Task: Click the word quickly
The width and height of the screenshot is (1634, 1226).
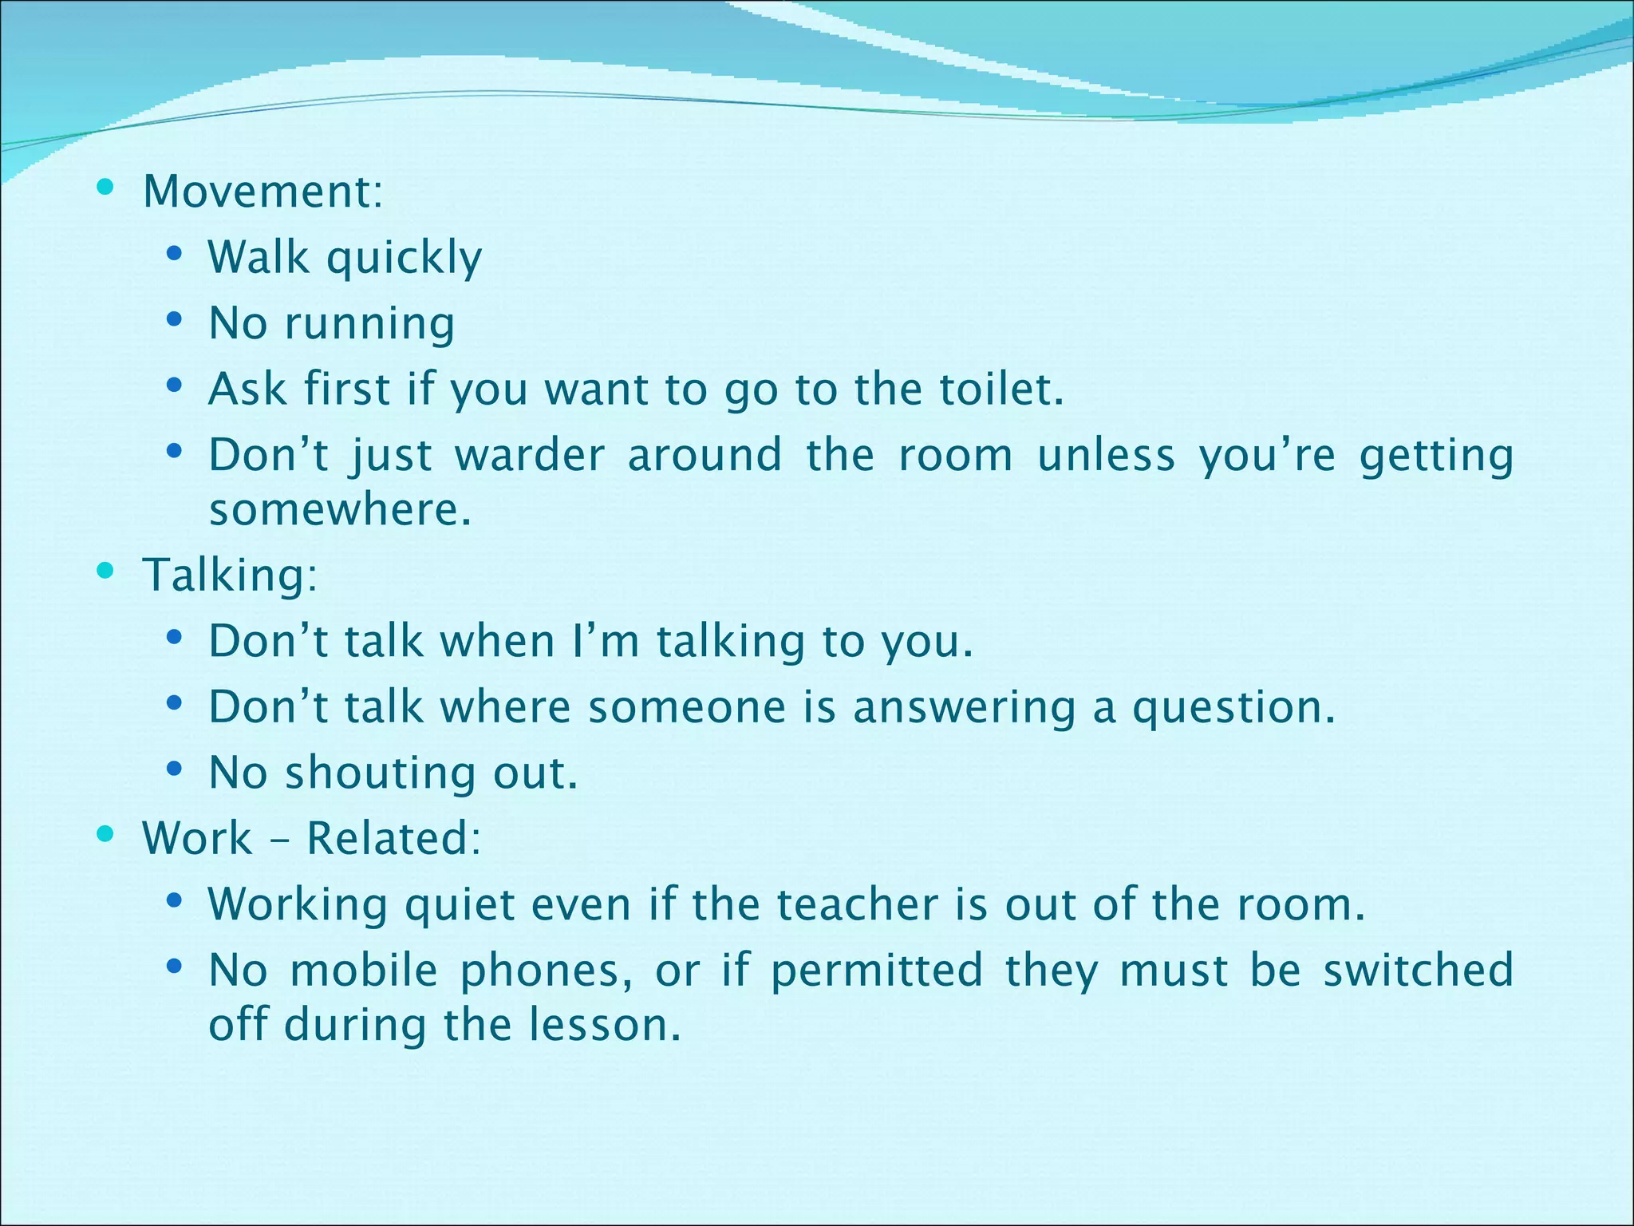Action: [x=405, y=259]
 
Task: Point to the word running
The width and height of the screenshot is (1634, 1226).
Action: [x=370, y=325]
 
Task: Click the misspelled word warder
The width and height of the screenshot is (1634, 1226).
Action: [x=530, y=456]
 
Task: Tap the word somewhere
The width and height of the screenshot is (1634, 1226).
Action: [x=340, y=509]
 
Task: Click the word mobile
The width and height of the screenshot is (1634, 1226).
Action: [x=364, y=971]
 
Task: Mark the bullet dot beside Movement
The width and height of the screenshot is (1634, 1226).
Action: [x=105, y=189]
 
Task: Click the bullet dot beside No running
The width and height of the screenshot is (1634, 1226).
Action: [x=174, y=321]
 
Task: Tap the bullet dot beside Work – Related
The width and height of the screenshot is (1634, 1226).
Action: [x=105, y=835]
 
